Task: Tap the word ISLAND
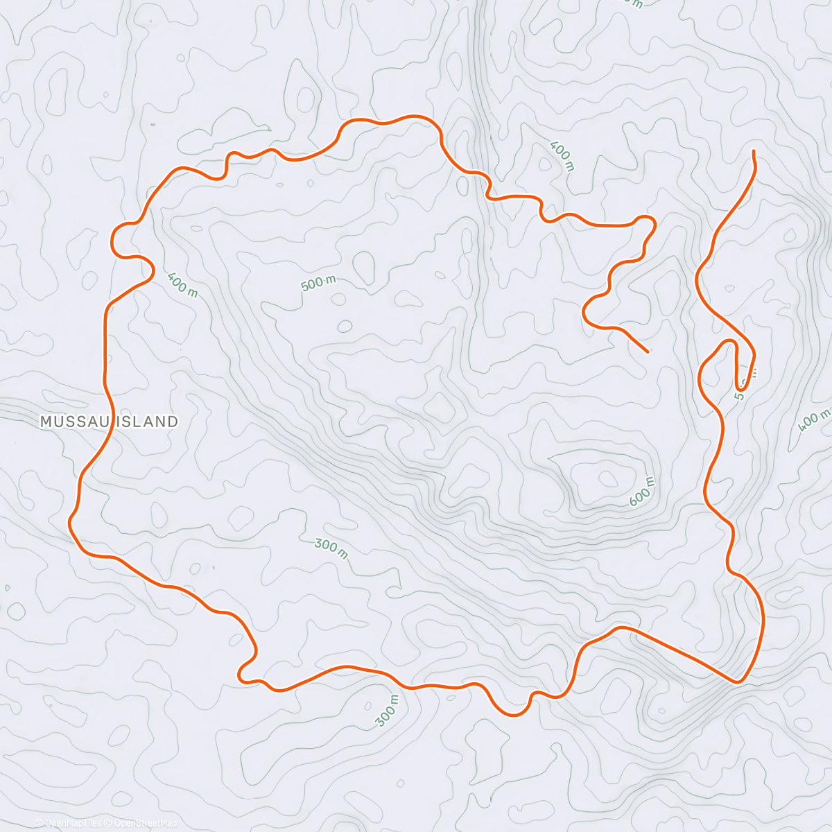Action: (x=146, y=421)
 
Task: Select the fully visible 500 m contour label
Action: (x=318, y=284)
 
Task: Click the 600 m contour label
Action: (x=641, y=492)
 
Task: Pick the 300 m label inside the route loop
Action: (x=331, y=547)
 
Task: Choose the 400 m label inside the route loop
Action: (x=182, y=285)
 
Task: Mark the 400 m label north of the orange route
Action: (x=562, y=156)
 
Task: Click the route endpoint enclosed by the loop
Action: (x=648, y=352)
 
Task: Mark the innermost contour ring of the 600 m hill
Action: (x=608, y=478)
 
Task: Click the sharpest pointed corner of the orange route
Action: (x=738, y=682)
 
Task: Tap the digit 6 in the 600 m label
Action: (x=633, y=501)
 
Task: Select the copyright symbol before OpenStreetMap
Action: (x=108, y=823)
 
